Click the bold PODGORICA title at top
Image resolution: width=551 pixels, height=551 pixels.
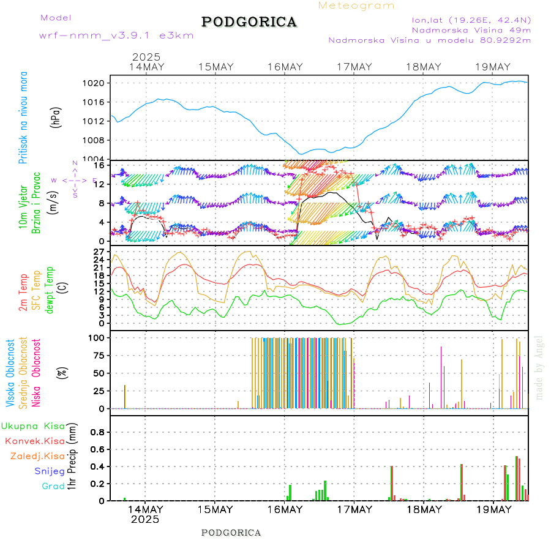coord(249,22)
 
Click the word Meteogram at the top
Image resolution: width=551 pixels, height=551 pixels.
coord(356,6)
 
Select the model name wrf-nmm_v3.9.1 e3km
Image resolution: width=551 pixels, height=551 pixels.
coord(116,36)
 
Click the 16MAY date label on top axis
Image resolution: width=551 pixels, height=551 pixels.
coord(285,67)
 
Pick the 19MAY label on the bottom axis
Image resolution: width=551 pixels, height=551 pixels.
coord(493,509)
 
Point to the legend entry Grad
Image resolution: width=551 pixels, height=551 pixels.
coord(53,486)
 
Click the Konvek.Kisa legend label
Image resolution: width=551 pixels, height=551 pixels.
coord(35,441)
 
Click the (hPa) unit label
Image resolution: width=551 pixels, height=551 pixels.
coord(56,118)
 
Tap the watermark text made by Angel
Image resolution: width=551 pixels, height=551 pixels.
coord(539,367)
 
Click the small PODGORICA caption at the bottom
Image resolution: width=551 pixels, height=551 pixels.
coord(231,533)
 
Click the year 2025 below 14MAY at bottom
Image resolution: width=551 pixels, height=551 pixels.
coord(145,519)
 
